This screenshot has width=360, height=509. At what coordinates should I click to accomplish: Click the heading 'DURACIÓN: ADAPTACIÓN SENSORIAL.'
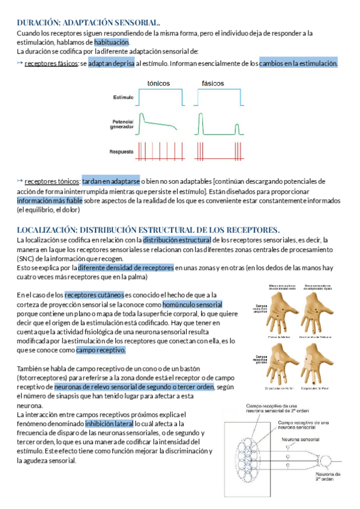pos(89,22)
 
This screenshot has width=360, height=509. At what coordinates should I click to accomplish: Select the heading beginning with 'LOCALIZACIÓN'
pos(148,229)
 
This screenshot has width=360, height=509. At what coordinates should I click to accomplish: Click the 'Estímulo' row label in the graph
pos(123,97)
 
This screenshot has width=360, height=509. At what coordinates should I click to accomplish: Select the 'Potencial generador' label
pos(122,124)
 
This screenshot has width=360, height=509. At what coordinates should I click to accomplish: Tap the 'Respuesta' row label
pos(122,151)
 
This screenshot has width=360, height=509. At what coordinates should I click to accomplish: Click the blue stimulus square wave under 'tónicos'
pos(160,96)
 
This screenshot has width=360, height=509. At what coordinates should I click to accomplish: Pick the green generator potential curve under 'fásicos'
pos(218,126)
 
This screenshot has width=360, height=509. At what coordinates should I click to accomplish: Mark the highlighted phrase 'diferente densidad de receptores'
pos(126,268)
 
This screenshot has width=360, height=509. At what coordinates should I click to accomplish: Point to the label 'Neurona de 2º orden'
pos(329,477)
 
